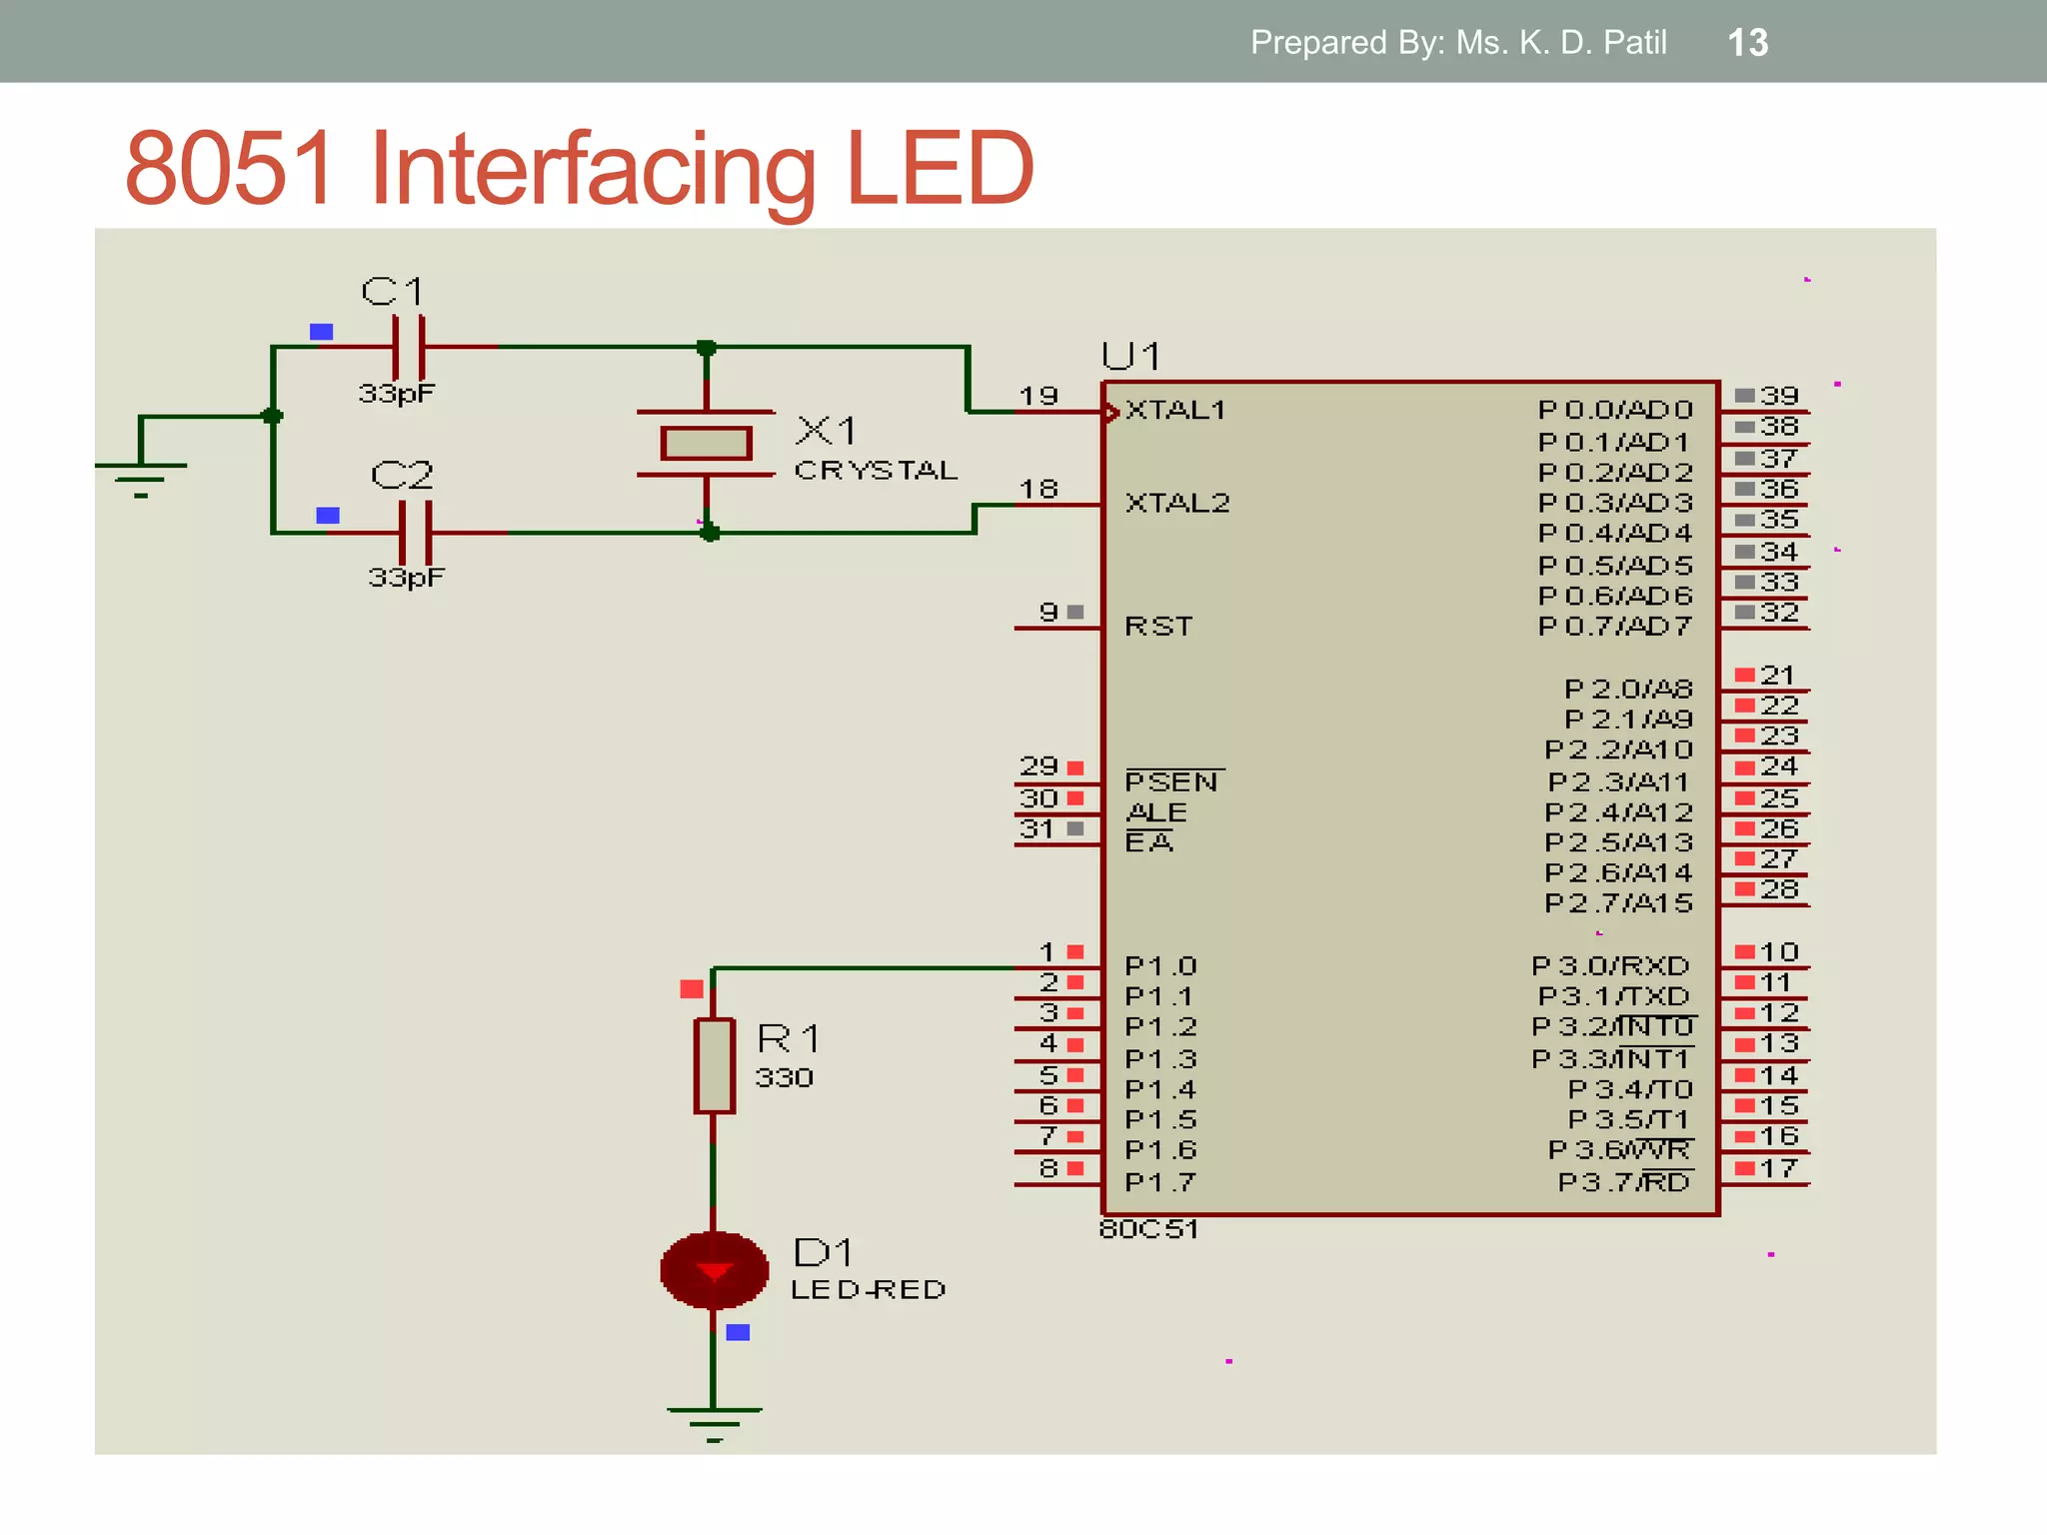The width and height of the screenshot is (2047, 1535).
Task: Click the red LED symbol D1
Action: tap(714, 1270)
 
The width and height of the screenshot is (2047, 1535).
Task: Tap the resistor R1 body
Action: tap(714, 1065)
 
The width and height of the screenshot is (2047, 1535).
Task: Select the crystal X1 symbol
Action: tap(706, 443)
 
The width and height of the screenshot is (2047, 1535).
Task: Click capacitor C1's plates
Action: tap(409, 346)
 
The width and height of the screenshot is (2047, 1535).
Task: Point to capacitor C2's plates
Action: tap(415, 532)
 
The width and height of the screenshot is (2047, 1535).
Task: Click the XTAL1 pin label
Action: tap(1174, 411)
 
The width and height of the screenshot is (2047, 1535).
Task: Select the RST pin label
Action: tap(1158, 627)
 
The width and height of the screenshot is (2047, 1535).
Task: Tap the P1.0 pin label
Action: tap(1159, 966)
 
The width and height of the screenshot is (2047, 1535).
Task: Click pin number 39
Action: tap(1779, 396)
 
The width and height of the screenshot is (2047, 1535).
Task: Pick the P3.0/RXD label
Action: tap(1610, 966)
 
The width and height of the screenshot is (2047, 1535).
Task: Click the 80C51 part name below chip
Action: tap(1148, 1229)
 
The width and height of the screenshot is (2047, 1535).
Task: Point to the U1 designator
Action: tap(1130, 356)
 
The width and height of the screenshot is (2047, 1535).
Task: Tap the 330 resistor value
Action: tap(784, 1077)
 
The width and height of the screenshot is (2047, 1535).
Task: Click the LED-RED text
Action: tap(868, 1289)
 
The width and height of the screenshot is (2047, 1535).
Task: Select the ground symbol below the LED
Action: tap(714, 1420)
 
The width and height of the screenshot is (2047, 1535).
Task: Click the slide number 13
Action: tap(1747, 42)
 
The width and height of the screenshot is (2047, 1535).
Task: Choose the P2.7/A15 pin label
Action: tap(1618, 903)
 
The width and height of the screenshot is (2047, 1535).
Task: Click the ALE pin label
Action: tap(1156, 812)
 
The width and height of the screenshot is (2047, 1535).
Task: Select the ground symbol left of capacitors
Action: tap(141, 474)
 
